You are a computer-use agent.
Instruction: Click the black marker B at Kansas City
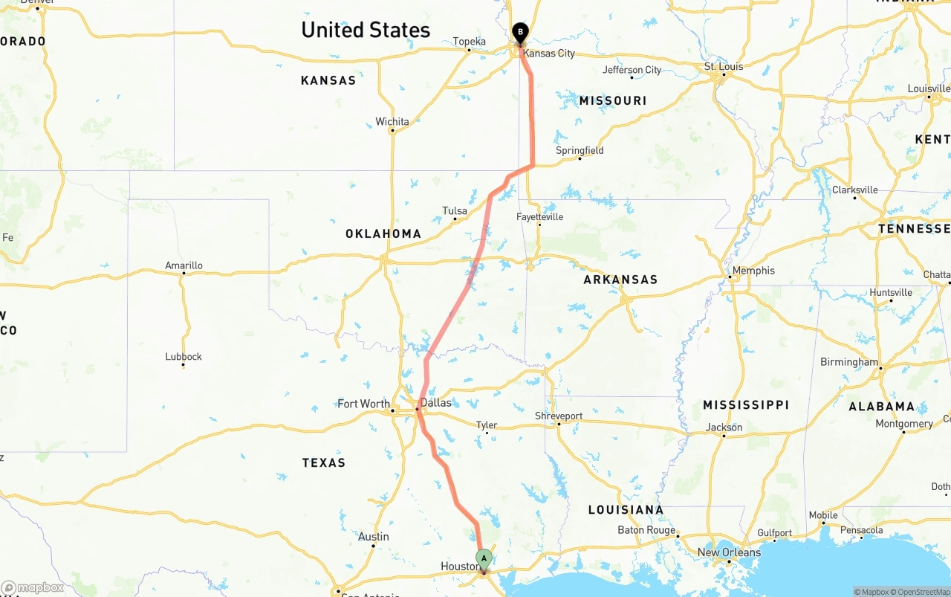520,32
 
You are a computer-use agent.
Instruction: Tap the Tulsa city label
455,210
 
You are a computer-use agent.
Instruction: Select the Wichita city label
392,121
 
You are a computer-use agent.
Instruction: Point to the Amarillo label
184,265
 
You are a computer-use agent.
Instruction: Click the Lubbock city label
184,356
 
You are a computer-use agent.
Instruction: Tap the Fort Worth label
363,404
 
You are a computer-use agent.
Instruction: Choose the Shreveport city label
559,416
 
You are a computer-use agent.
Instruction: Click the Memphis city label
753,271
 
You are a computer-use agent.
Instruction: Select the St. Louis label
723,66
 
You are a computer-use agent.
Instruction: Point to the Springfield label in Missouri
580,150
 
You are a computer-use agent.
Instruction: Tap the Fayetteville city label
540,217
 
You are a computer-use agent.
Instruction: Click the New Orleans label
729,552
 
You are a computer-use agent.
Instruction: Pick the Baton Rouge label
646,530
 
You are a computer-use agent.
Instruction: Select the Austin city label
373,536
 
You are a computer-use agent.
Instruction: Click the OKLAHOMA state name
383,233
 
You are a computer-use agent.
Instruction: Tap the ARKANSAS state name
620,280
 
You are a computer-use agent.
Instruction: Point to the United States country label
366,30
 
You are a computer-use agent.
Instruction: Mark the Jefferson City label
632,70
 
